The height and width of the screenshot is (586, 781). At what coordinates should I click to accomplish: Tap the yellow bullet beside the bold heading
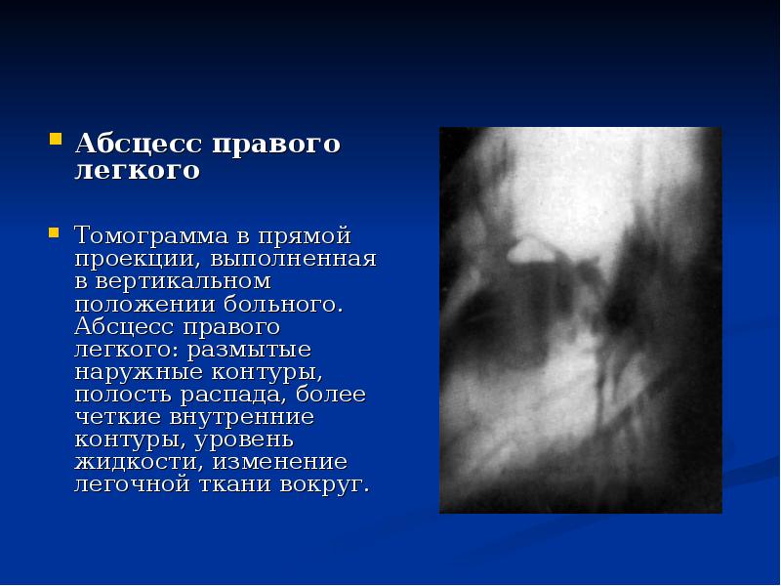(55, 137)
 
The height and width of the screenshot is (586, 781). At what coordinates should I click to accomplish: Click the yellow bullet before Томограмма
(55, 231)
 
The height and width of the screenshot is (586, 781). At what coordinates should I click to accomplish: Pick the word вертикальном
(183, 281)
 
